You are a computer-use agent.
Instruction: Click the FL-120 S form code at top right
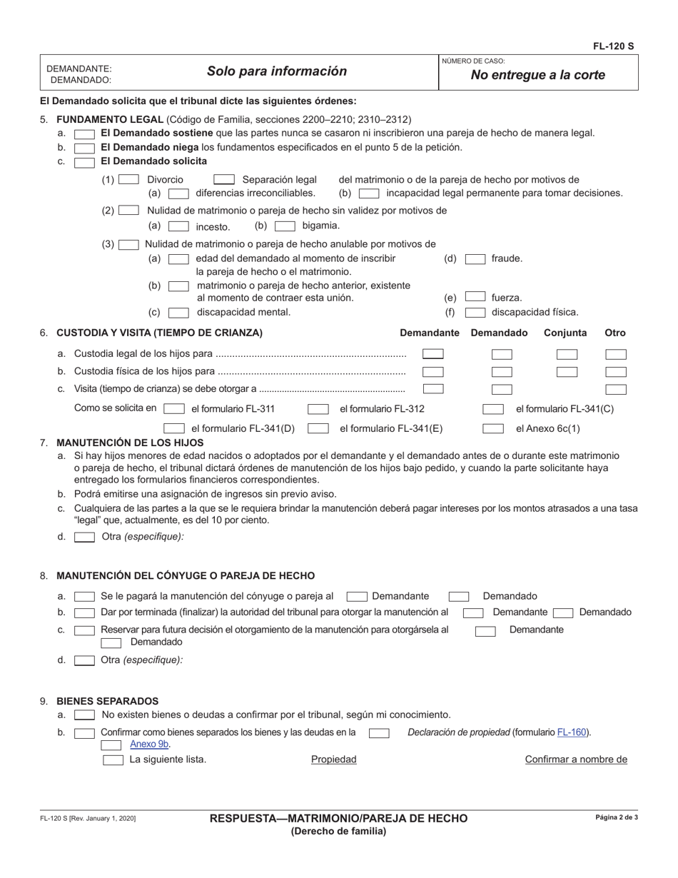pos(613,46)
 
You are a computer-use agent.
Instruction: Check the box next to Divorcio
pos(128,180)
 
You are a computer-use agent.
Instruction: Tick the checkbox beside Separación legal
pos(224,180)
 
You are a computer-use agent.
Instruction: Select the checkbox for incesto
pos(178,226)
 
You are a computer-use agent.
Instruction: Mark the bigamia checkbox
pos(285,226)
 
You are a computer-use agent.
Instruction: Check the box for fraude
pos(475,259)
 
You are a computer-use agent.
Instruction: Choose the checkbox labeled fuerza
pos(475,297)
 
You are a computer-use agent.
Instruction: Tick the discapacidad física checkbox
pos(475,312)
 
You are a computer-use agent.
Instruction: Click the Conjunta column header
pos(565,333)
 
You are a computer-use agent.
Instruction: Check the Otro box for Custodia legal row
pos(615,354)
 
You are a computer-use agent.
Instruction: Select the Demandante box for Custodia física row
pos(432,372)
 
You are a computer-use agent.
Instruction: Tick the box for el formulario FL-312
pos(318,409)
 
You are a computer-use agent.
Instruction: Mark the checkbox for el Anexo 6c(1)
pos(493,429)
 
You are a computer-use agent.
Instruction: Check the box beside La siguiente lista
pos(113,760)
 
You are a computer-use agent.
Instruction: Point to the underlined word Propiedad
pos(333,760)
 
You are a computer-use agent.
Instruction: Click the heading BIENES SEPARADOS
pos(107,701)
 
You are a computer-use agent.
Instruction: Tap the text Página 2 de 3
pos(617,817)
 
